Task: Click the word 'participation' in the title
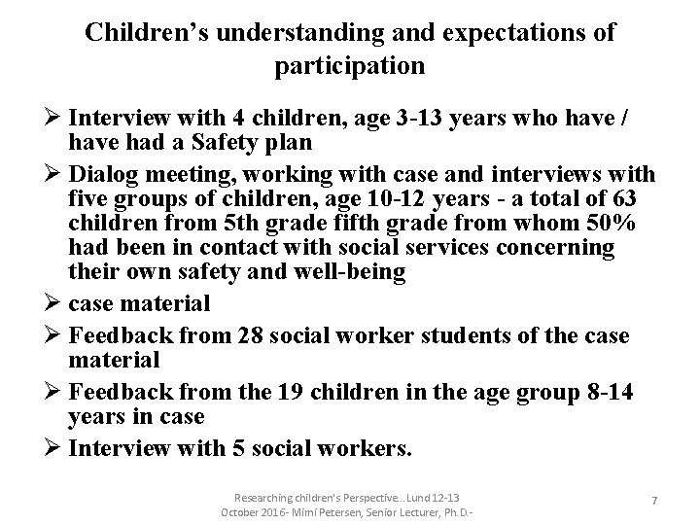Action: [x=349, y=66]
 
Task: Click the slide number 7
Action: [x=654, y=499]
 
